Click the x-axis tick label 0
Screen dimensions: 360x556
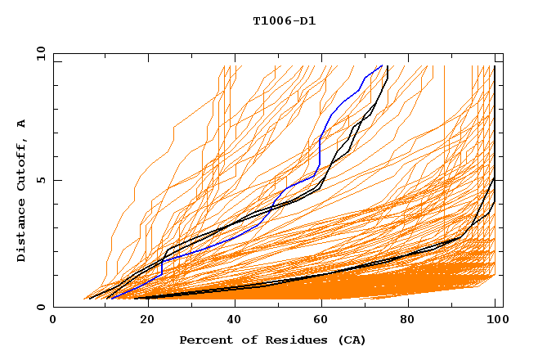(53, 321)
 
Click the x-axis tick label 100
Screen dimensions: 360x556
(497, 321)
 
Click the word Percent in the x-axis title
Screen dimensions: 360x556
(204, 340)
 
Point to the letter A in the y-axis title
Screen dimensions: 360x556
(22, 123)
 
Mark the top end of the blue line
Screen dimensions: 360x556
(382, 65)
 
